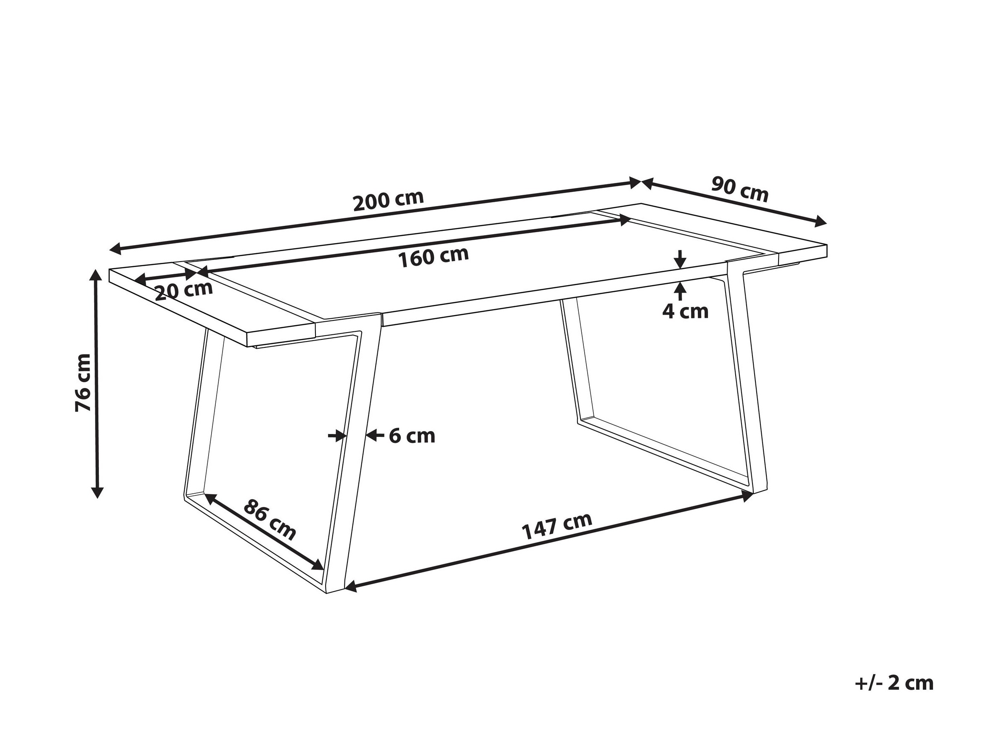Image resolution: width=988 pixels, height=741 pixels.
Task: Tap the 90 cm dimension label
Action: (x=740, y=189)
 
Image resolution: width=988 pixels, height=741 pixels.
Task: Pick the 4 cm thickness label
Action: (x=685, y=311)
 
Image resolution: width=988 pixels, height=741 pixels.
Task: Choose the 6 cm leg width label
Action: (x=412, y=436)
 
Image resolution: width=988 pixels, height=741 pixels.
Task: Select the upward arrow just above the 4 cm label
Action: (x=680, y=290)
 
